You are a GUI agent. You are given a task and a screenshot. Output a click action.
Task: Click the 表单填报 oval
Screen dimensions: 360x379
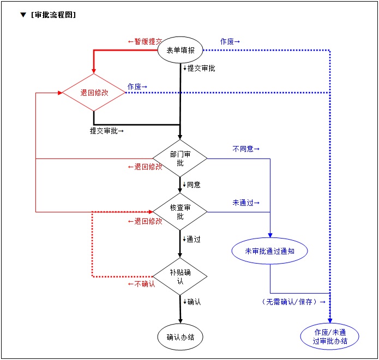click(180, 51)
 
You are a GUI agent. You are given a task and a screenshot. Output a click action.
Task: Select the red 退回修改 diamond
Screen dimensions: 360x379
click(94, 93)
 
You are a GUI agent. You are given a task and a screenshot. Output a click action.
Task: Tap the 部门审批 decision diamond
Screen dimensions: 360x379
click(180, 158)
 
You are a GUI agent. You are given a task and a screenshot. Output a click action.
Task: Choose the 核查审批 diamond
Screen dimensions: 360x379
click(180, 211)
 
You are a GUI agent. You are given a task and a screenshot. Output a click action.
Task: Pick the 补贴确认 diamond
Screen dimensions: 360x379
click(180, 277)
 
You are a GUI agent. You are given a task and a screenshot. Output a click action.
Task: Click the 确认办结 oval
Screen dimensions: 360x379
click(180, 337)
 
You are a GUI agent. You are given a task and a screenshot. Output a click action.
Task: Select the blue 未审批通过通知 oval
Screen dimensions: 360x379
click(269, 251)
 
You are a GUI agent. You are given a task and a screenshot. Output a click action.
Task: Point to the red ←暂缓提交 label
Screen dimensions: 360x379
click(145, 41)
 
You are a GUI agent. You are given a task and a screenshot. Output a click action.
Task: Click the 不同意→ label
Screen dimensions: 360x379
click(246, 149)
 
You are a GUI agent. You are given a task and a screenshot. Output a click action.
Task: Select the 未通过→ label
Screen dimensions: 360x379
click(246, 203)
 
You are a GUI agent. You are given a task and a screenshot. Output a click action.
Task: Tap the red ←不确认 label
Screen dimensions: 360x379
click(141, 284)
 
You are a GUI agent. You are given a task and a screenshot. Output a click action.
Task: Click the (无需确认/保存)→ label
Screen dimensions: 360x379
click(293, 301)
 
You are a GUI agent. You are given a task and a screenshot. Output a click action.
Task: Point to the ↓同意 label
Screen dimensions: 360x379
click(192, 185)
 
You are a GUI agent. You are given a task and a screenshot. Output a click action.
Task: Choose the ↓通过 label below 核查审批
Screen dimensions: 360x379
click(192, 239)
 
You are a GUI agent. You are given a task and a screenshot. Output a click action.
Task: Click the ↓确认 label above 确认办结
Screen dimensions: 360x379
click(192, 301)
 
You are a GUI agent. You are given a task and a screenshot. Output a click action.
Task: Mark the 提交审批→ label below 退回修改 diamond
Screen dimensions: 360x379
click(107, 131)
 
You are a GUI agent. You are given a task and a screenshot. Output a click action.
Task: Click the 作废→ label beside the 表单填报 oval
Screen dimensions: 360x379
click(230, 41)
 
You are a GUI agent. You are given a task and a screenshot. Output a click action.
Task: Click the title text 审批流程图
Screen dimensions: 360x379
click(53, 15)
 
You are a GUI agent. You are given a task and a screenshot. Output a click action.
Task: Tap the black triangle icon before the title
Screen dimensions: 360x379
click(23, 15)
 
